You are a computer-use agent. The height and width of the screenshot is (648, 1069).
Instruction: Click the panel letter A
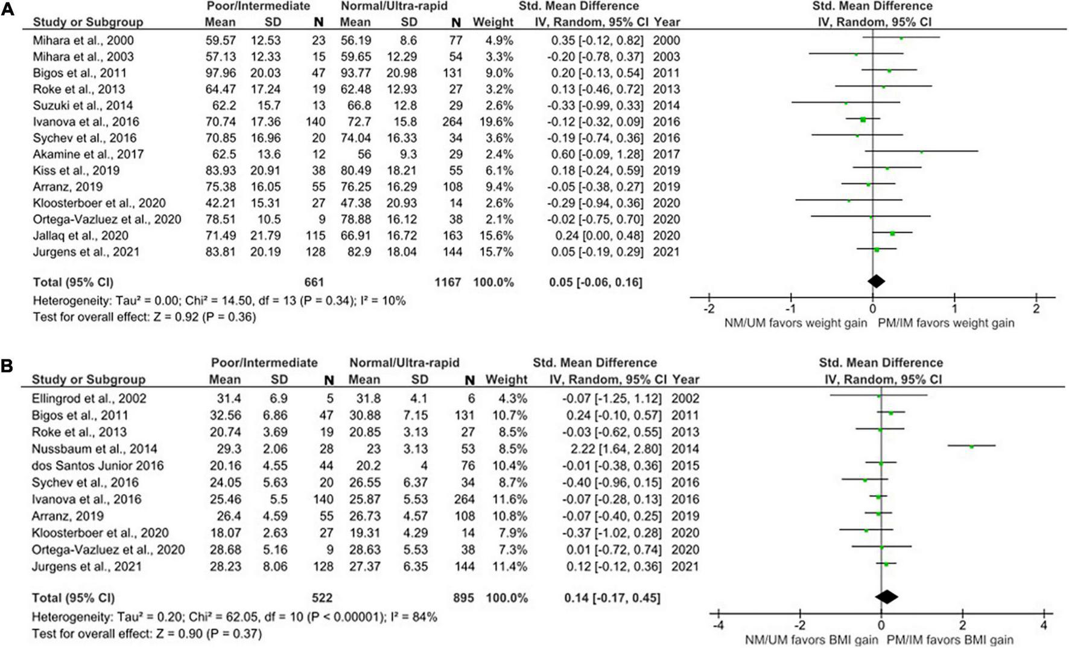point(8,10)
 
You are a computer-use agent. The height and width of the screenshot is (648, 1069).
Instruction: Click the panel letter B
point(8,367)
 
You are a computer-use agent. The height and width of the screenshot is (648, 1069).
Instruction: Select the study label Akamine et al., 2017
point(88,154)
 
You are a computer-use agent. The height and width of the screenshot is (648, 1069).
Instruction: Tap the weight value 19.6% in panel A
point(493,121)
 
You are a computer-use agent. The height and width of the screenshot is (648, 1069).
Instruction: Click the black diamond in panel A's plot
point(876,281)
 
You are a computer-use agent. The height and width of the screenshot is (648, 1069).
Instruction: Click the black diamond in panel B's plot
point(886,597)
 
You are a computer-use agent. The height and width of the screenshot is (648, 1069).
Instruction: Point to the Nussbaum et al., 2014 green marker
point(972,446)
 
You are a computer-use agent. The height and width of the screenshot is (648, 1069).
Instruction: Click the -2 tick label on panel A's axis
point(709,309)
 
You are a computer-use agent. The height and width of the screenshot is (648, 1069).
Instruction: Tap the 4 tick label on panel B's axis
point(1044,625)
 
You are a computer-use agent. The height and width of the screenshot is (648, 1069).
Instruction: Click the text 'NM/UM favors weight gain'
point(796,323)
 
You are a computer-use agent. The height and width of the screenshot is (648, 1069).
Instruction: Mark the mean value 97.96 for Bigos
point(220,73)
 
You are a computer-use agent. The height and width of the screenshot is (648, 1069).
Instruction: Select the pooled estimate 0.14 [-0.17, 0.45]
point(612,598)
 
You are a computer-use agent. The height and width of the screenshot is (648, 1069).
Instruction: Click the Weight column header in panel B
point(506,379)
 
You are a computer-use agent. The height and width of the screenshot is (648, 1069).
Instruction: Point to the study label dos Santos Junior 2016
point(98,466)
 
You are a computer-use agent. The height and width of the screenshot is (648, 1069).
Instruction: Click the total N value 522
point(322,598)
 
